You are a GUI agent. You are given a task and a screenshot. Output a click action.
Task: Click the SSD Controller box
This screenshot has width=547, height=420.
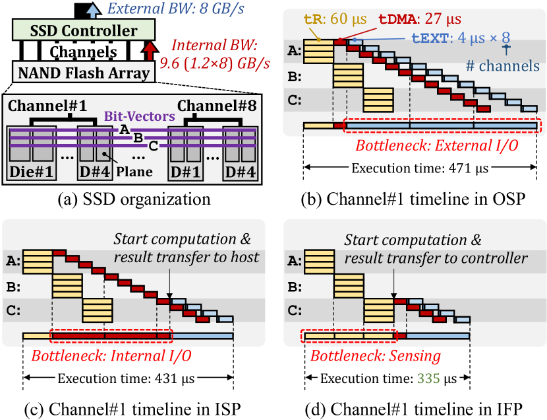point(84,30)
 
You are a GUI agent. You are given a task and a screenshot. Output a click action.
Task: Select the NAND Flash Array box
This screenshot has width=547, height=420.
point(84,72)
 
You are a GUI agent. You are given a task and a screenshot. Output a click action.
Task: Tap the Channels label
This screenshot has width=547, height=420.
point(84,52)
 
